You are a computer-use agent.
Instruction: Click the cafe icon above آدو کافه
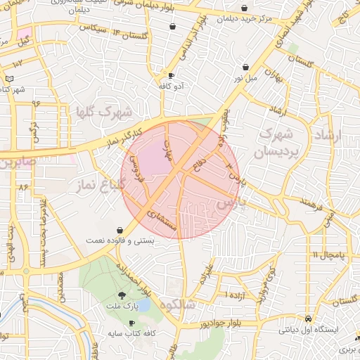click(171, 75)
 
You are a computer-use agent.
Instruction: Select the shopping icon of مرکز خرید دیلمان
click(244, 8)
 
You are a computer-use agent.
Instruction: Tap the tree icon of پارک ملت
click(122, 295)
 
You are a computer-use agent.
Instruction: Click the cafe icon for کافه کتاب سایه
click(132, 323)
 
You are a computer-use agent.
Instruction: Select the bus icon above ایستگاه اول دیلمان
click(308, 318)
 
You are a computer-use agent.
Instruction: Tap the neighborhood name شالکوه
click(177, 306)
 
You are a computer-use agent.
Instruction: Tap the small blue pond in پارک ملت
click(143, 307)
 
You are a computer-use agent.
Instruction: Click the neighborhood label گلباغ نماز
click(98, 184)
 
